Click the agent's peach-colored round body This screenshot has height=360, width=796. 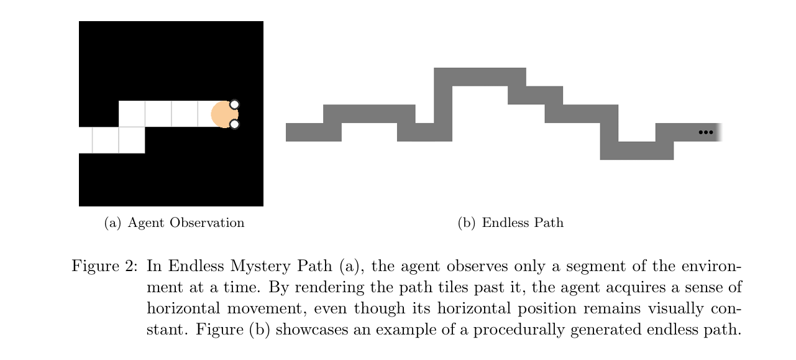point(224,114)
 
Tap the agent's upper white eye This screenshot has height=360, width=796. point(234,104)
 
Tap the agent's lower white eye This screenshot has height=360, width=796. point(234,124)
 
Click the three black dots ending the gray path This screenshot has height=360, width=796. point(706,132)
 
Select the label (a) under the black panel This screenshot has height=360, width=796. point(112,223)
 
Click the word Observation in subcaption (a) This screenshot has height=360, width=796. point(207,223)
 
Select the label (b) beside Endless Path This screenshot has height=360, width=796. point(467,223)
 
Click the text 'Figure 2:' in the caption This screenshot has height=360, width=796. point(104,266)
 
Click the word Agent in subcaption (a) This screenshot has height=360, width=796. point(146,223)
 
